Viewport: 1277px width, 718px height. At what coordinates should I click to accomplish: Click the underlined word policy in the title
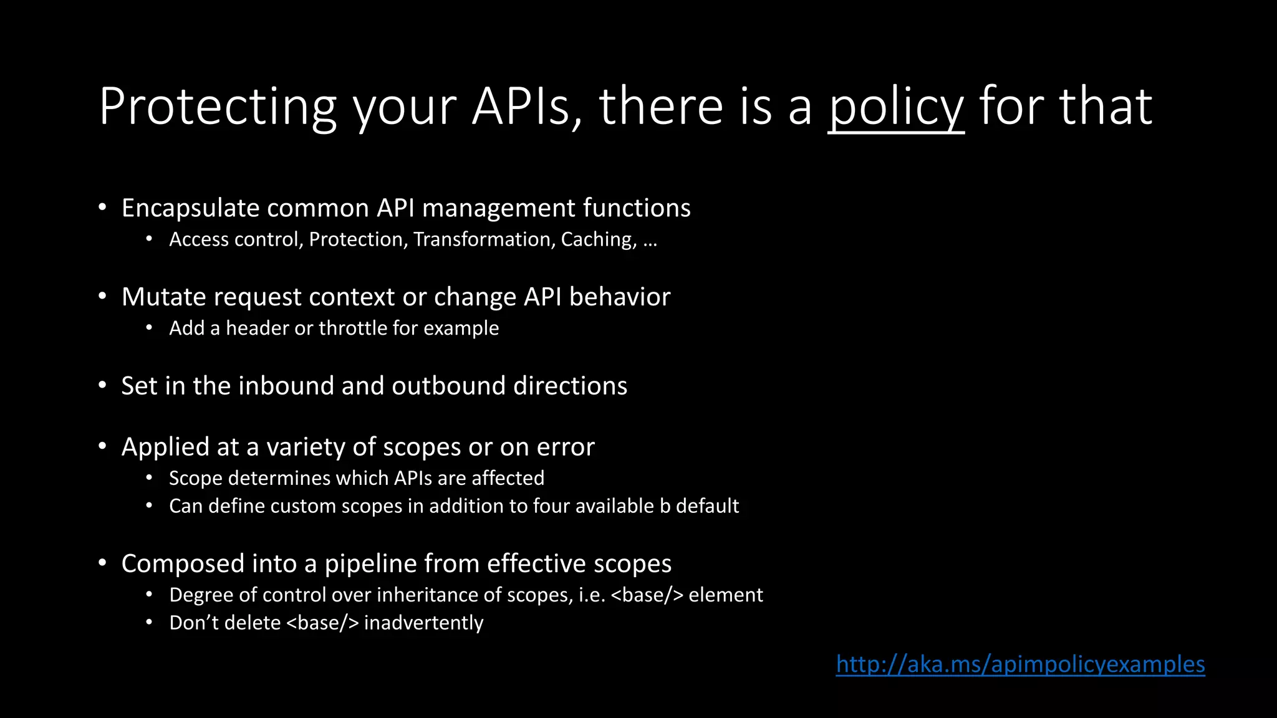(x=896, y=107)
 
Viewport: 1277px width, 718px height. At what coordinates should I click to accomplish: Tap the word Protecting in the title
(x=218, y=107)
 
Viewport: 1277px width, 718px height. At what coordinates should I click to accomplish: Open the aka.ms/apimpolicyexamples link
(x=1020, y=664)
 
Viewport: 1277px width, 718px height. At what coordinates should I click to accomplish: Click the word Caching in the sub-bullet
(x=599, y=239)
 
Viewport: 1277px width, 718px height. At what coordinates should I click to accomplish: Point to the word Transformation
(x=484, y=239)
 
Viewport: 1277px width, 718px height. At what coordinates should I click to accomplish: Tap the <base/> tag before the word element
(x=647, y=595)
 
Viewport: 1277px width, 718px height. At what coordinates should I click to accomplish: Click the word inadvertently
(x=423, y=623)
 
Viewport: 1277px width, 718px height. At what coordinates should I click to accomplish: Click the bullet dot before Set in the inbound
(x=102, y=386)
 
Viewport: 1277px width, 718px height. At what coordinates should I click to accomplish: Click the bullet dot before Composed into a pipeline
(x=102, y=563)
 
